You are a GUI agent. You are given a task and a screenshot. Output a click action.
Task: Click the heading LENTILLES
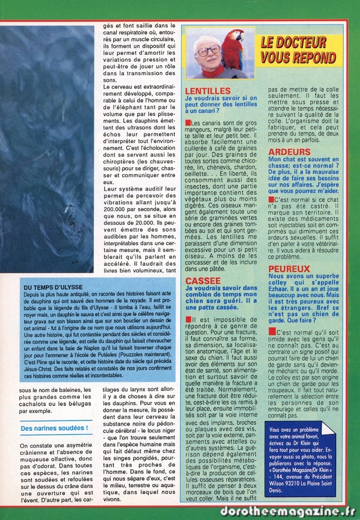click(x=208, y=90)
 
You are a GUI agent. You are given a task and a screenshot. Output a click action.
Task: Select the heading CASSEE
click(x=203, y=280)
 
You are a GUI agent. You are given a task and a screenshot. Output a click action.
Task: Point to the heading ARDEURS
click(x=289, y=152)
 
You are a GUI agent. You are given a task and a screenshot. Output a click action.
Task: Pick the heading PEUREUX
click(x=289, y=268)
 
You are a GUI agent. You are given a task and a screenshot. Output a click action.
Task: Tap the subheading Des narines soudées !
click(x=55, y=428)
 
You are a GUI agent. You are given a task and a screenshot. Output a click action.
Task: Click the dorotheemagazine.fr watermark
click(x=287, y=511)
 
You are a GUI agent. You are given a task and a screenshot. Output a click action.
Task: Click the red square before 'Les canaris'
click(x=188, y=123)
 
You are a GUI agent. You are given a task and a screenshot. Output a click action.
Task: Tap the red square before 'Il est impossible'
click(x=188, y=319)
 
